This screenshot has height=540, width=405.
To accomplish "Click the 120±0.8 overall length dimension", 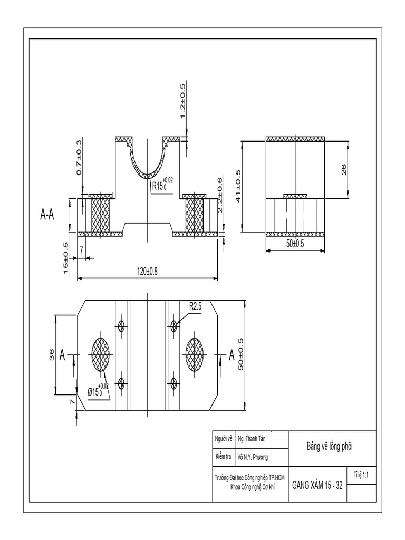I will pyautogui.click(x=147, y=271).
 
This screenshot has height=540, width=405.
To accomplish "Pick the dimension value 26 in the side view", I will pyautogui.click(x=344, y=169).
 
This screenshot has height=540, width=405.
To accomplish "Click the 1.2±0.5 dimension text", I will pyautogui.click(x=182, y=101).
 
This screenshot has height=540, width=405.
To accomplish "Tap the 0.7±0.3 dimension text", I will pyautogui.click(x=79, y=158).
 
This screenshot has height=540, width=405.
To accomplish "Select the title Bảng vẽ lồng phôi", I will pyautogui.click(x=330, y=446).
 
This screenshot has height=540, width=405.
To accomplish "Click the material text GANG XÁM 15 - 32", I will pyautogui.click(x=317, y=485).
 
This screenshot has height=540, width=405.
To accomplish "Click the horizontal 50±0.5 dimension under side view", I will pyautogui.click(x=295, y=243).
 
